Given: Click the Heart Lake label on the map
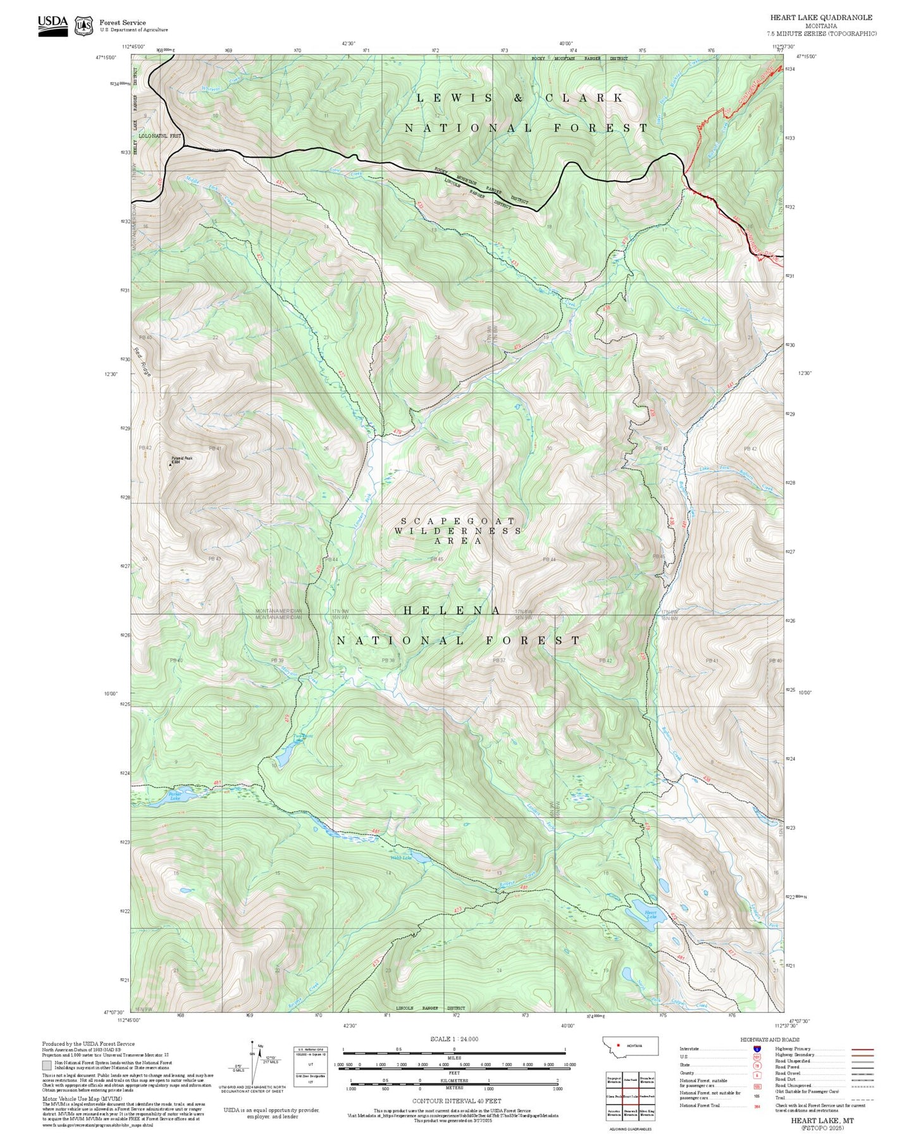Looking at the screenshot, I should [x=650, y=914].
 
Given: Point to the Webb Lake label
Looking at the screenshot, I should [x=401, y=858].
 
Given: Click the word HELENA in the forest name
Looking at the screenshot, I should [x=452, y=611].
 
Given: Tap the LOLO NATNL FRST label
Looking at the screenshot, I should [x=160, y=136].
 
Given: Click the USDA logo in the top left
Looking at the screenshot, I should [x=52, y=25].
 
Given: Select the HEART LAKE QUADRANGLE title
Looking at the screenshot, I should [x=821, y=17].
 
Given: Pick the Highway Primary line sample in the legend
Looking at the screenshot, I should [x=863, y=1049].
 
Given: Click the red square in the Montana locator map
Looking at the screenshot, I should [x=618, y=1046].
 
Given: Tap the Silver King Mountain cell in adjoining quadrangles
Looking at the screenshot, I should [x=646, y=1112].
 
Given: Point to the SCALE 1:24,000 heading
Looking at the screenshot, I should [x=454, y=1039].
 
